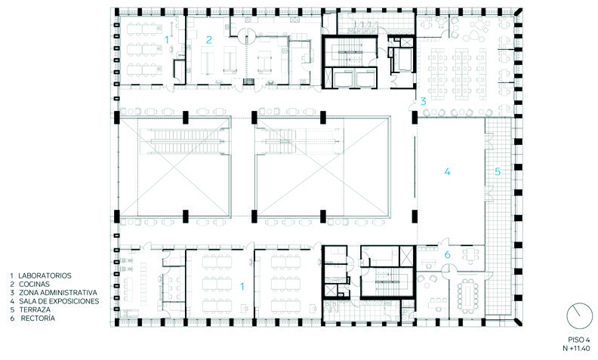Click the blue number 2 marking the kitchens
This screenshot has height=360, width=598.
click(x=208, y=39)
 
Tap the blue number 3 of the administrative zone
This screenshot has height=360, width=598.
click(x=423, y=101)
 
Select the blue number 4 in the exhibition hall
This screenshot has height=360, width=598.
click(x=447, y=171)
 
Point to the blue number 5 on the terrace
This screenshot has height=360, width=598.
click(x=498, y=171)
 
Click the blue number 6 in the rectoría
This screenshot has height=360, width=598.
click(x=447, y=254)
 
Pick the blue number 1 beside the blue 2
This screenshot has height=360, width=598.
click(x=166, y=39)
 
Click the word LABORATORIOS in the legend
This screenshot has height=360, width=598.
click(x=45, y=275)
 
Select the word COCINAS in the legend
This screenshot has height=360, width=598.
click(x=34, y=284)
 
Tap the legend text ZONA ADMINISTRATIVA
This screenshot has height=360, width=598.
click(x=58, y=293)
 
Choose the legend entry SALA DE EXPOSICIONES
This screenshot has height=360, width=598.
click(x=59, y=301)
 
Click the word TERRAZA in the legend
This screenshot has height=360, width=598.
click(x=35, y=309)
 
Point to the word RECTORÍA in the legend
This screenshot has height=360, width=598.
click(x=38, y=318)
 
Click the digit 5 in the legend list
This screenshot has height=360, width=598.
click(x=12, y=309)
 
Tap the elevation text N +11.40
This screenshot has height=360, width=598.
click(x=577, y=348)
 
